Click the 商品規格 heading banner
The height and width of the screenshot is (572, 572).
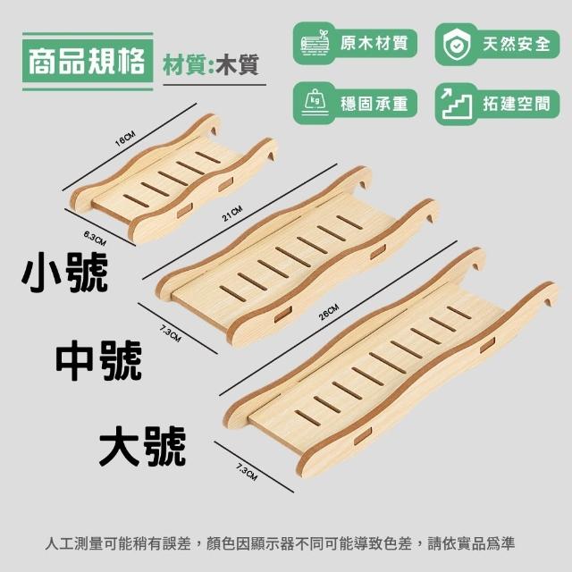pos(88,62)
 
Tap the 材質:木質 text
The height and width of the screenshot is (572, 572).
pos(211,65)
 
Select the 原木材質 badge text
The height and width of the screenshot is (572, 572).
pos(374,43)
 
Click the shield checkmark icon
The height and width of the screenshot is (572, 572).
pos(457,45)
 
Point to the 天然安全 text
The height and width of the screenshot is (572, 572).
pos(517,44)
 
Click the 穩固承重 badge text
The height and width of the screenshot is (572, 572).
pos(374,104)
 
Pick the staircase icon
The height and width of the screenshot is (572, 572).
pos(456,104)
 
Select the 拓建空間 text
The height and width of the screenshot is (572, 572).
pos(517,104)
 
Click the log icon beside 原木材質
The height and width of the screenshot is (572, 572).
pos(315,43)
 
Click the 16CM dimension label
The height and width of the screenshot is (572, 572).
pos(125,139)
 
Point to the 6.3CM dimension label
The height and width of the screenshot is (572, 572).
pos(95,239)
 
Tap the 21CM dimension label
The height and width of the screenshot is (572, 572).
pos(232,214)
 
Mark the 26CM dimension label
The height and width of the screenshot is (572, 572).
pos(329,312)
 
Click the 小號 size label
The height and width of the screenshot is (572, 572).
pos(64,273)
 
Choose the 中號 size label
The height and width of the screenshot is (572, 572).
pos(99,360)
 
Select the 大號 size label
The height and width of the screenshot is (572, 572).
pos(143,446)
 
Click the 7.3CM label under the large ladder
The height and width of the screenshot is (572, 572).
pos(247,471)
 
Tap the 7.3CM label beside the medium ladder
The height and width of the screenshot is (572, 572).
pos(170,334)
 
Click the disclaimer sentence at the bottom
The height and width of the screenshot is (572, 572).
pos(280,543)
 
